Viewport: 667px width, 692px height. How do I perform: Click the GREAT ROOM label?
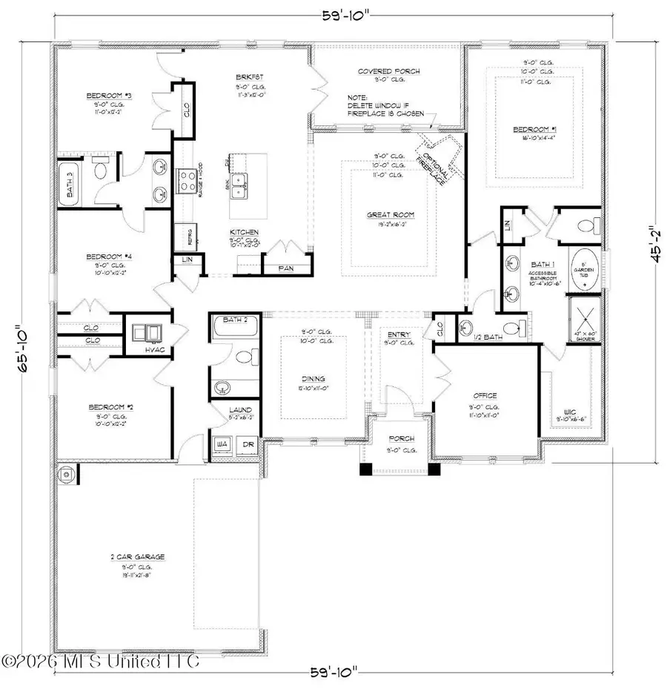click(x=390, y=215)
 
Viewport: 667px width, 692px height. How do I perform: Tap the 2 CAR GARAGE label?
click(x=139, y=556)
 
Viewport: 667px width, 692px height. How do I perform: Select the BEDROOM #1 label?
click(x=533, y=130)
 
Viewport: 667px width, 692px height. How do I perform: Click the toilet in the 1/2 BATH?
click(x=509, y=327)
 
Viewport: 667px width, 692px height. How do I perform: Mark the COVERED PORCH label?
click(x=388, y=71)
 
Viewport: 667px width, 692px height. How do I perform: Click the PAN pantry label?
click(x=285, y=268)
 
